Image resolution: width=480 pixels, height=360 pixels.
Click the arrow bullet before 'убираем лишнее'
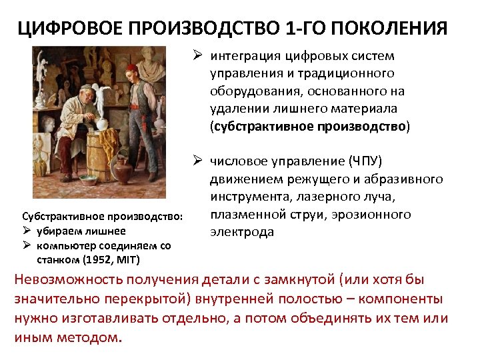[x=27, y=231]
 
